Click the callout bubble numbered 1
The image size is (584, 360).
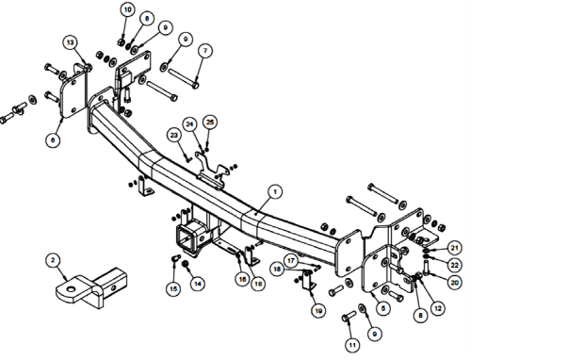275,192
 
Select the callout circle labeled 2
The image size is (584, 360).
53,260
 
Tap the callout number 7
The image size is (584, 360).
205,51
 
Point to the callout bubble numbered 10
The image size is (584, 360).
128,9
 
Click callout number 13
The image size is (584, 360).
70,42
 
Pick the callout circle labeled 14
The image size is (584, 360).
198,284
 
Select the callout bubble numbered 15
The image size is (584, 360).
173,288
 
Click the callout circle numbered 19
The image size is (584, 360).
318,310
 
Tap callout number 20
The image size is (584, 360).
454,283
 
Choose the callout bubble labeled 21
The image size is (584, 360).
454,248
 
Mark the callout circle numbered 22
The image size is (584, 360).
454,265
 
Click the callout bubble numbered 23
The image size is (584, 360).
174,135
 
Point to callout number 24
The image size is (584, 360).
190,124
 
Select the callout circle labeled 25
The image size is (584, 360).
210,122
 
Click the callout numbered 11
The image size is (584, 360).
352,345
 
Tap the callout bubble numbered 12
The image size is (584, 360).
438,308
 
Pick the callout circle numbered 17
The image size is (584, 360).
291,261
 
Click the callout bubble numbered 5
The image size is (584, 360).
382,308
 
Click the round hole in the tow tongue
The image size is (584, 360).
71,288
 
